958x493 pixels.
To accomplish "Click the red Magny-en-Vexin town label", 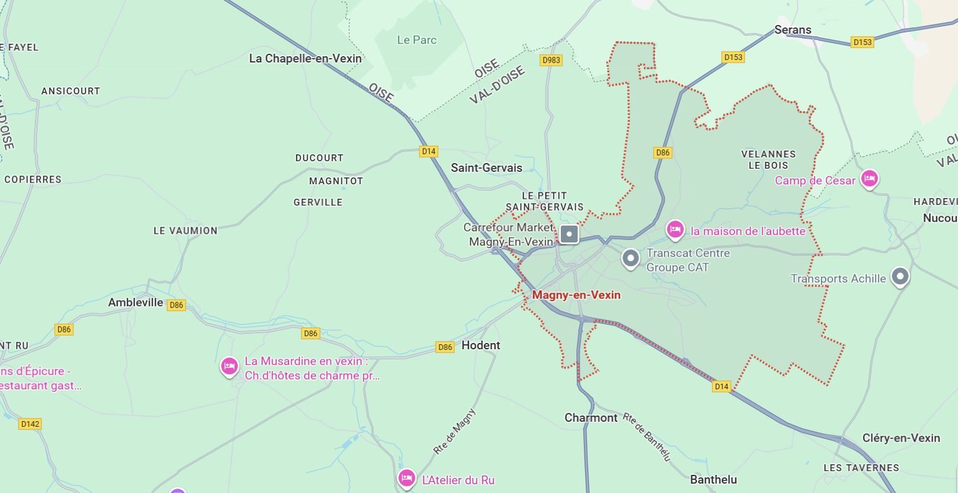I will pyautogui.click(x=576, y=295).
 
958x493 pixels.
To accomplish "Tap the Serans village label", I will pyautogui.click(x=793, y=29).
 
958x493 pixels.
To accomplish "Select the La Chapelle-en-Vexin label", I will pyautogui.click(x=305, y=58).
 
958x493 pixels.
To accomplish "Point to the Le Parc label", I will pyautogui.click(x=417, y=40).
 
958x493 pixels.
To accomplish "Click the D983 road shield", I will pyautogui.click(x=551, y=60).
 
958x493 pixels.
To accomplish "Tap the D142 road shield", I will pyautogui.click(x=29, y=424).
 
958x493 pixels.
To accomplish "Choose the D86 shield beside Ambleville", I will pyautogui.click(x=177, y=305).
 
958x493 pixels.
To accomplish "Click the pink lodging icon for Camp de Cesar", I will pyautogui.click(x=869, y=179).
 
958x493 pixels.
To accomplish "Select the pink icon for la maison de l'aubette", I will pyautogui.click(x=674, y=229).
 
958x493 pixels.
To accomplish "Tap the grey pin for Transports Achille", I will pyautogui.click(x=899, y=276).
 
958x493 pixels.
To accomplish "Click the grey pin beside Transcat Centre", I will pyautogui.click(x=631, y=257).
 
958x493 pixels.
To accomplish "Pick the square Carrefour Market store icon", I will pyautogui.click(x=569, y=234).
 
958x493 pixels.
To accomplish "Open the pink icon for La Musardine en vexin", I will pyautogui.click(x=229, y=366).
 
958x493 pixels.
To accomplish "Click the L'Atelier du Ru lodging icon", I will pyautogui.click(x=407, y=478).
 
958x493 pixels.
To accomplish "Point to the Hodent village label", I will pyautogui.click(x=481, y=345).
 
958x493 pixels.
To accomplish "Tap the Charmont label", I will pyautogui.click(x=591, y=417).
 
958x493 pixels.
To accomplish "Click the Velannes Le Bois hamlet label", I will pyautogui.click(x=768, y=159).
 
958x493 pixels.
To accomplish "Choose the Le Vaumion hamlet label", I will pyautogui.click(x=185, y=231).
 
